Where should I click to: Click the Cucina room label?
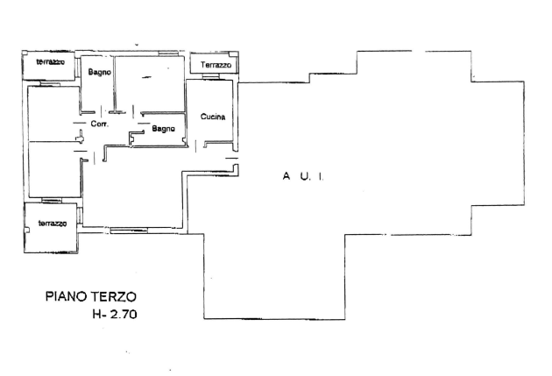[213, 117]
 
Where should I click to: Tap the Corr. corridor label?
[98, 124]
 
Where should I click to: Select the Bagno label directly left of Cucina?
[163, 129]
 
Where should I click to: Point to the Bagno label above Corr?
[98, 72]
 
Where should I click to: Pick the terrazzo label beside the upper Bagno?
[50, 62]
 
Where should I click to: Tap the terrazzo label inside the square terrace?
[53, 223]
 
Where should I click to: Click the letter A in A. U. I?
[286, 176]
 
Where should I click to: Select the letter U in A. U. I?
[305, 176]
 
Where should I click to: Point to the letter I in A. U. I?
[322, 176]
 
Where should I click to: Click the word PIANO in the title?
[64, 296]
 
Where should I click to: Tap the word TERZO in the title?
[113, 296]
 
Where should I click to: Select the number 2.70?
[124, 312]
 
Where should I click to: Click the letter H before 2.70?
[96, 312]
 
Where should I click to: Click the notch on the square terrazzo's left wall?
[27, 228]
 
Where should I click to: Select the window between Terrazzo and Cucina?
[210, 77]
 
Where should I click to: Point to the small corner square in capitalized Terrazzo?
[194, 57]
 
